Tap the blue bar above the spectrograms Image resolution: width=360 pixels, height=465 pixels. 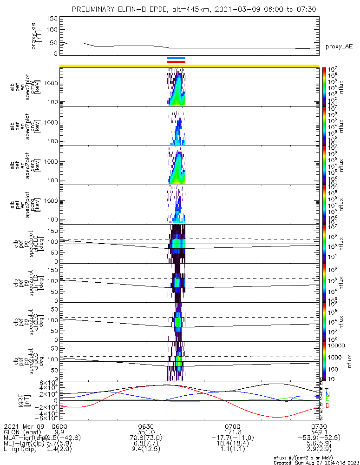pos(176,58)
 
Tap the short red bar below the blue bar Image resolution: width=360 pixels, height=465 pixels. pos(176,61)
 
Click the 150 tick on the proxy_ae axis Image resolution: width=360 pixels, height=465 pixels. pos(52,19)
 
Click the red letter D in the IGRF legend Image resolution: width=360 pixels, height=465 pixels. pos(327,406)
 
